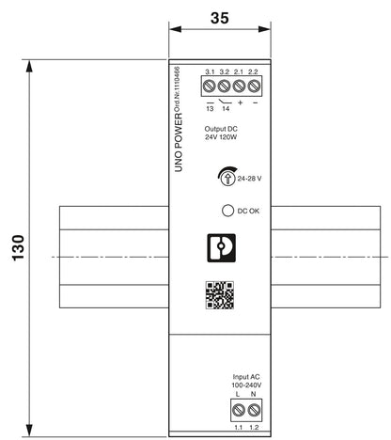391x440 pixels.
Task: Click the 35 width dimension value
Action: point(220,18)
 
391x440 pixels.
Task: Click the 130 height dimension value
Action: point(18,247)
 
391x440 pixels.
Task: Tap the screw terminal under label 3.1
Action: point(210,86)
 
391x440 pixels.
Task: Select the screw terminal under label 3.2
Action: point(224,86)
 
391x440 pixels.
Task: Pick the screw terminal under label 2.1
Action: point(239,86)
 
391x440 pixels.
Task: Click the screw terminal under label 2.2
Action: point(254,86)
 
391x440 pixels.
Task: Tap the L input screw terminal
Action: point(239,410)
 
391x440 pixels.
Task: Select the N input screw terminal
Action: point(254,410)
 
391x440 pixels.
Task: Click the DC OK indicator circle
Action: point(227,211)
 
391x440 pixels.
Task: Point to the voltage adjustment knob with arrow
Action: point(227,177)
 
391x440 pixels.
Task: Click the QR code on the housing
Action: point(220,295)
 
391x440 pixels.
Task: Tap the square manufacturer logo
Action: point(221,247)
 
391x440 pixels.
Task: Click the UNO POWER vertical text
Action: point(179,143)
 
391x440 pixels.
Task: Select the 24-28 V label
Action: point(249,179)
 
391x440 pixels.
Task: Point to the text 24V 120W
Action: point(221,137)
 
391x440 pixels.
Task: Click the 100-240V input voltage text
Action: point(246,385)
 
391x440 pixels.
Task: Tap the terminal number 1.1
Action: point(239,427)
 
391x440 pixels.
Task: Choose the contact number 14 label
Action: point(226,108)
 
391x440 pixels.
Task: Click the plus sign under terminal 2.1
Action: point(240,102)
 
